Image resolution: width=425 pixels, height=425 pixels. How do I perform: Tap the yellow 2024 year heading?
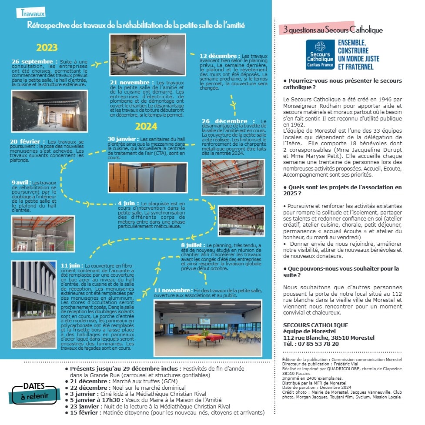(146, 127)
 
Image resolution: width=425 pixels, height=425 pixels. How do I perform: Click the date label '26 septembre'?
(34, 62)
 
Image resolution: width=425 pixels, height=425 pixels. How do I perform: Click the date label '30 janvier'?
(123, 139)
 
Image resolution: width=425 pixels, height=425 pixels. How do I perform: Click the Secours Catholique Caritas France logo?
(320, 54)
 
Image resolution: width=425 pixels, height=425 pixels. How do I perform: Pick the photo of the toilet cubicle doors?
(147, 177)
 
